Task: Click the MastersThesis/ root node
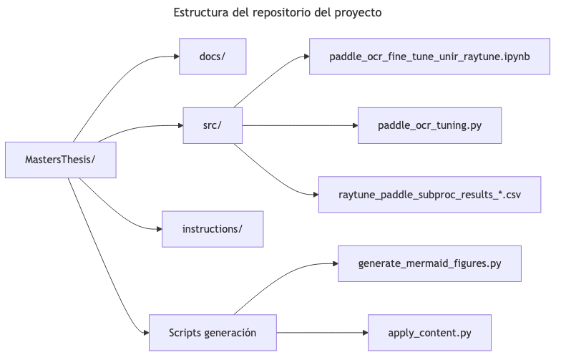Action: [x=60, y=160]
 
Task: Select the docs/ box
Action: [x=213, y=57]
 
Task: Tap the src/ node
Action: [x=213, y=125]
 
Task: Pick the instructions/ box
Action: [x=213, y=229]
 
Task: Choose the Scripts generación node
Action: [x=213, y=333]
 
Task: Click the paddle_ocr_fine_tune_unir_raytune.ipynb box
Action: [x=429, y=57]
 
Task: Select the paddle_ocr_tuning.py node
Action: [x=429, y=125]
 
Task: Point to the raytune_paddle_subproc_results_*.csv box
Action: [x=429, y=195]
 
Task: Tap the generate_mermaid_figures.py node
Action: [x=429, y=263]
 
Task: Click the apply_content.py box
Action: [x=429, y=333]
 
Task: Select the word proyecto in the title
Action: [x=356, y=13]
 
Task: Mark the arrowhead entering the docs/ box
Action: [x=175, y=57]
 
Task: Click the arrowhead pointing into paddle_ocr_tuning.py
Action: [x=354, y=125]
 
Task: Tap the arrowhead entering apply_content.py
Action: [x=364, y=333]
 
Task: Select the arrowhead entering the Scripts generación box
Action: [x=145, y=333]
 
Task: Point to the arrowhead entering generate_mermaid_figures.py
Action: [x=334, y=263]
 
